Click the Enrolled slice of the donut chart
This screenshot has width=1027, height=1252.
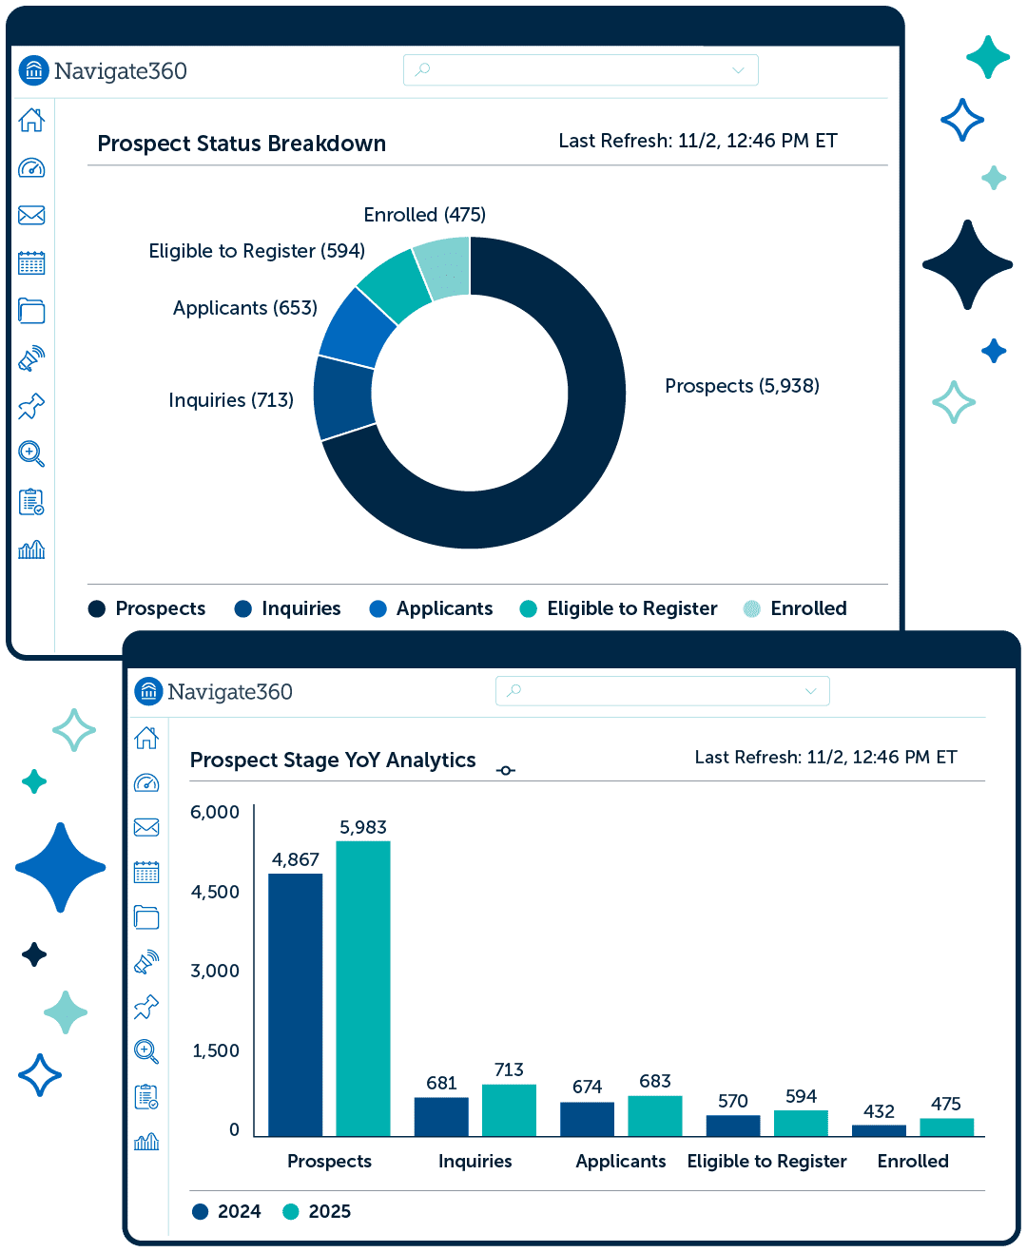click(445, 268)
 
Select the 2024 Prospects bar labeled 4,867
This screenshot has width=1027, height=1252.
click(295, 1004)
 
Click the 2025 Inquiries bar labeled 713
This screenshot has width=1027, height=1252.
click(509, 1109)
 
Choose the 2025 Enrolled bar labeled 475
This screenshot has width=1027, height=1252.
click(946, 1127)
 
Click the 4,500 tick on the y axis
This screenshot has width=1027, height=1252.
click(214, 891)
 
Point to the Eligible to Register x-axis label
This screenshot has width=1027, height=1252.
click(766, 1161)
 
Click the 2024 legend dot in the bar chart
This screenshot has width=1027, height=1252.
click(201, 1211)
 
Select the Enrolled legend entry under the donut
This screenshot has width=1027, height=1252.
click(795, 607)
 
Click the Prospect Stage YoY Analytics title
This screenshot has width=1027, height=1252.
click(333, 760)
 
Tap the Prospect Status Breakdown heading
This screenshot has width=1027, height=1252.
click(242, 144)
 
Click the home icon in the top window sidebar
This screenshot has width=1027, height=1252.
click(31, 120)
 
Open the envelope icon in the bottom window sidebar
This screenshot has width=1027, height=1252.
click(146, 827)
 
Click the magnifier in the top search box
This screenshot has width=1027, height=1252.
click(422, 69)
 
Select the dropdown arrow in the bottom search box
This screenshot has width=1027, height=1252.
click(810, 690)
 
